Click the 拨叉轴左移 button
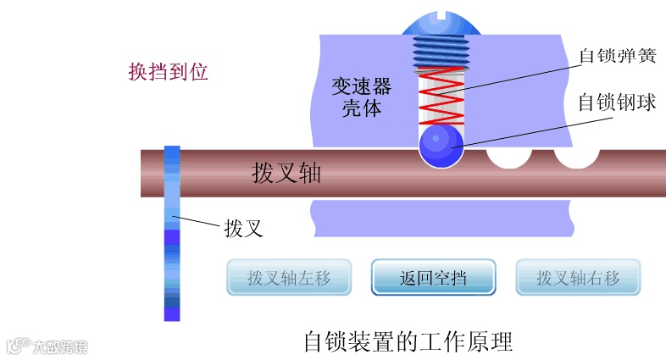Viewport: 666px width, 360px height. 288,277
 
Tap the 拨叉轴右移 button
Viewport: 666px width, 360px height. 578,277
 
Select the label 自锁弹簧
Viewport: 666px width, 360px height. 616,56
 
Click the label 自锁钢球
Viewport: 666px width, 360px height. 616,102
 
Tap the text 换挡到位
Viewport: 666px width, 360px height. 168,72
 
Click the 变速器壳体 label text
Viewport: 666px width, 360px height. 361,97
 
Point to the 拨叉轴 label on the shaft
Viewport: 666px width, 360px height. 286,173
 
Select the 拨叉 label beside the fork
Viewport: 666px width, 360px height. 246,229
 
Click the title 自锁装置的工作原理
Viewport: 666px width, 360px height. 408,341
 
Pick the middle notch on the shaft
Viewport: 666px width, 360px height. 508,158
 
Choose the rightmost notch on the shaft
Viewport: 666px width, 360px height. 577,158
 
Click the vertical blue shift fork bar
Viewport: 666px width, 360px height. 172,233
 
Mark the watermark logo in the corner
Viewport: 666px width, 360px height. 47,346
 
